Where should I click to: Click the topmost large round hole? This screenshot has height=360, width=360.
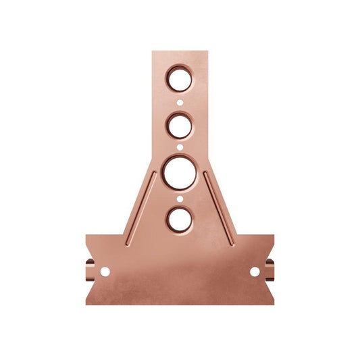(180, 80)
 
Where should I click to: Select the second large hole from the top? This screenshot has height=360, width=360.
(180, 125)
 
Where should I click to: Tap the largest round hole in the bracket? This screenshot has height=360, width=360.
(179, 172)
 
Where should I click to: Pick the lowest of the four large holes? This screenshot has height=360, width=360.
(179, 218)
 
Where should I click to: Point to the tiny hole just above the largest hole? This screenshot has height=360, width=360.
(180, 146)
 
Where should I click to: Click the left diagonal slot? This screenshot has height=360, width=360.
(140, 207)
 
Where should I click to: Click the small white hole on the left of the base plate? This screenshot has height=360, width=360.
(105, 272)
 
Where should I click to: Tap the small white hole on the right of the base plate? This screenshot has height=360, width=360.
(255, 272)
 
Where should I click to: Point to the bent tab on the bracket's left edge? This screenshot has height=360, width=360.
(89, 271)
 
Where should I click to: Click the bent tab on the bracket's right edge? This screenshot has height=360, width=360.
(270, 271)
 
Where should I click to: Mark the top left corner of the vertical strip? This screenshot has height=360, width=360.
(153, 52)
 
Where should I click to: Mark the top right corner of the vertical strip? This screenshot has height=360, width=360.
(206, 52)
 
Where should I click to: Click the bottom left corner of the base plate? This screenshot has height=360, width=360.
(87, 303)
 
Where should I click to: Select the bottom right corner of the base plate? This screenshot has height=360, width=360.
(273, 303)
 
